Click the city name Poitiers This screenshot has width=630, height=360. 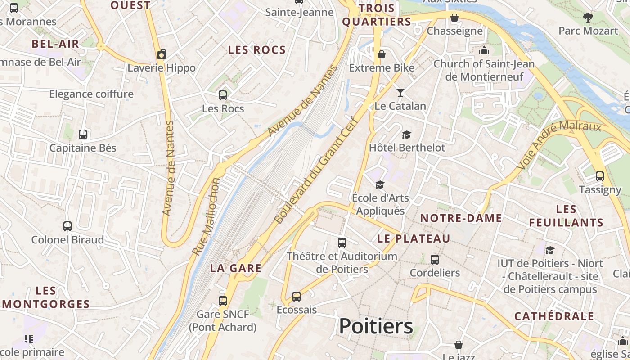[x=376, y=326]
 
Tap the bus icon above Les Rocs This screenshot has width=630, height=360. [x=223, y=95]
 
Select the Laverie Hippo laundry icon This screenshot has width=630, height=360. [x=162, y=55]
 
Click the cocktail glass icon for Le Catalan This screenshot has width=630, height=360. [x=400, y=93]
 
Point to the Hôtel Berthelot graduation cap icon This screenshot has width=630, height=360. [x=407, y=135]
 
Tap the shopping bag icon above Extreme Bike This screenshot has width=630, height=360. [x=382, y=54]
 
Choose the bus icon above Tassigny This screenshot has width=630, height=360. [x=600, y=176]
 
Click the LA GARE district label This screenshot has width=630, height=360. [x=236, y=268]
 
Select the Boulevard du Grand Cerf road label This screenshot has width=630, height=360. [x=316, y=170]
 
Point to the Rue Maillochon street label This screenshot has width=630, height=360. [x=206, y=217]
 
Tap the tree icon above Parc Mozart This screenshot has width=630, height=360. [x=588, y=18]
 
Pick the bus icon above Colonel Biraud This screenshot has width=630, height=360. [x=67, y=226]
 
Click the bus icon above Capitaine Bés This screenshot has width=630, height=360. [x=83, y=135]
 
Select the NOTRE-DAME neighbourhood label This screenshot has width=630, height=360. [x=461, y=218]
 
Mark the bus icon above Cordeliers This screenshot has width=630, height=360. [x=435, y=260]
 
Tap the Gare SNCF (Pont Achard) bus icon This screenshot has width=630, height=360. [x=223, y=301]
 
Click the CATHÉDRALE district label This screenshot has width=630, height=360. [x=554, y=316]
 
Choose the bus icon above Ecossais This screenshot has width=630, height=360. [x=297, y=297]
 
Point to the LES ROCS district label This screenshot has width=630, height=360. [x=257, y=50]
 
